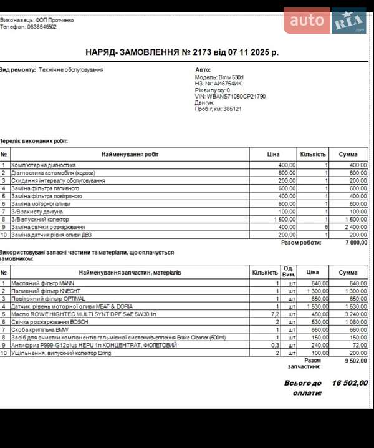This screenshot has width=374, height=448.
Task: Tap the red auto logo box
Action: (x=307, y=21)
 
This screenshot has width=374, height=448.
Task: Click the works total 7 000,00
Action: (x=356, y=243)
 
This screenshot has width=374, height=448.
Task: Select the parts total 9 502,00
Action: (x=356, y=360)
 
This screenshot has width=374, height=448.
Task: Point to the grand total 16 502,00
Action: (x=350, y=383)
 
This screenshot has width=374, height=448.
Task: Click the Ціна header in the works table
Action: (x=273, y=154)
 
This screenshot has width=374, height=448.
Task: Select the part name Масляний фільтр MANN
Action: (x=42, y=283)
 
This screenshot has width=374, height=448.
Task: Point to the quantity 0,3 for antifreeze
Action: (x=274, y=345)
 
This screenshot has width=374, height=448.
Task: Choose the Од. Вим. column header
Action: (x=289, y=272)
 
